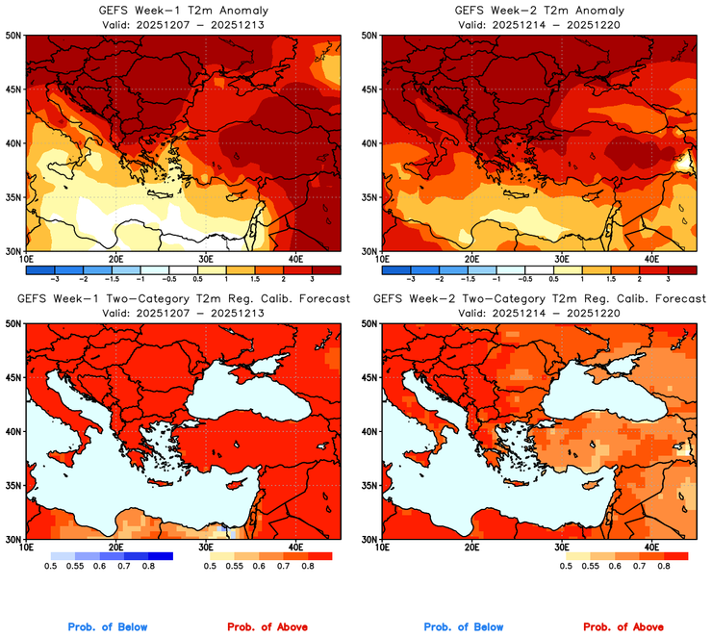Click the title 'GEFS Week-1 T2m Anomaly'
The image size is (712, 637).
183,11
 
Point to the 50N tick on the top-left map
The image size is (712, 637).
14,36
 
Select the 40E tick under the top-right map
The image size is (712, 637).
651,259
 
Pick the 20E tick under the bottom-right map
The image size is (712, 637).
471,547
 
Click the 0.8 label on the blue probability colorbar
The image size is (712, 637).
150,568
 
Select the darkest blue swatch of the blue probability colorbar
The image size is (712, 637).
158,555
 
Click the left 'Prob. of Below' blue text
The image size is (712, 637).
108,627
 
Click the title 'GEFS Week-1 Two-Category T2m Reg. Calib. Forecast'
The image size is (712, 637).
183,299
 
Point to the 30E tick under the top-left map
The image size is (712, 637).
205,259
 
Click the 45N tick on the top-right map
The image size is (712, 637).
370,89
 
